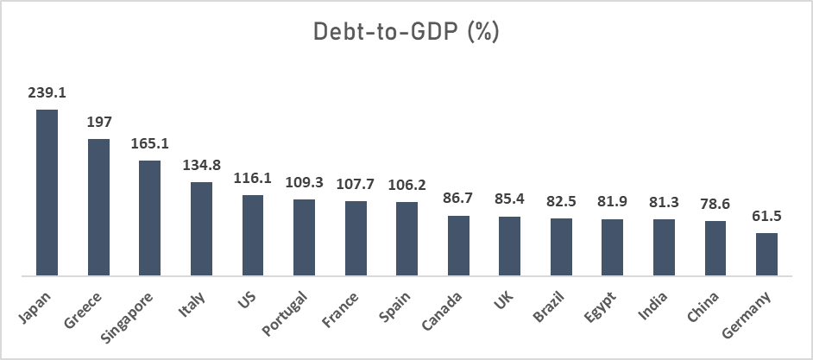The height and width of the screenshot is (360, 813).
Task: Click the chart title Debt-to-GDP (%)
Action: pyautogui.click(x=406, y=32)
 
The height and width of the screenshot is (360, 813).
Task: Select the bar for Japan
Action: pyautogui.click(x=47, y=193)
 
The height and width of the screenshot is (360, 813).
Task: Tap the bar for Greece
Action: pyautogui.click(x=98, y=207)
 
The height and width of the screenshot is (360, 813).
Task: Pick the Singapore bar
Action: pyautogui.click(x=150, y=218)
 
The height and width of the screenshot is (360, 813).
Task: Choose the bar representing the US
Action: pyautogui.click(x=253, y=236)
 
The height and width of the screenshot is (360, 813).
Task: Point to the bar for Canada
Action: pyautogui.click(x=458, y=246)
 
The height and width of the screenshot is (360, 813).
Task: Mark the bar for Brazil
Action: pyautogui.click(x=561, y=247)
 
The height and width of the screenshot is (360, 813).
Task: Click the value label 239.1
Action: pyautogui.click(x=47, y=92)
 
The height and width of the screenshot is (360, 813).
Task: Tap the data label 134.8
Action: pyautogui.click(x=201, y=164)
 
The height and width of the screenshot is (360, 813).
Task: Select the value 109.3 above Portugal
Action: pyautogui.click(x=304, y=182)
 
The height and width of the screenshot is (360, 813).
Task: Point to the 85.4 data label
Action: pyautogui.click(x=509, y=199)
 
